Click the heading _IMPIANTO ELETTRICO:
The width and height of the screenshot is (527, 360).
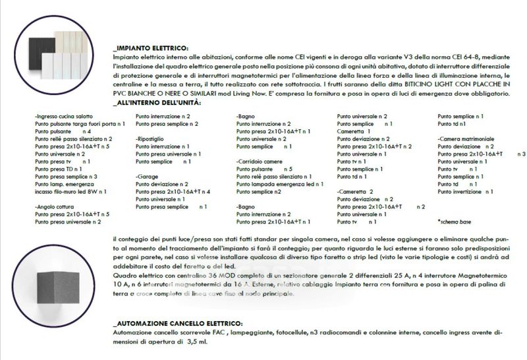150,48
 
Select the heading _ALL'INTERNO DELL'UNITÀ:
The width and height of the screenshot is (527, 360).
157,104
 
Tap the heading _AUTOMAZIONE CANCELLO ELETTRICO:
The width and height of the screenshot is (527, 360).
177,324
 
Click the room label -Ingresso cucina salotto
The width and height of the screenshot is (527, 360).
63,117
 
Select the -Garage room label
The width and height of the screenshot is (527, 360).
148,177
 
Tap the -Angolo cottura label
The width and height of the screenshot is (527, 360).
56,206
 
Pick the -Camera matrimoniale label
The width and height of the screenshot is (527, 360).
470,138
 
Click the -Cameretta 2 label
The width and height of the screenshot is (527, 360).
356,191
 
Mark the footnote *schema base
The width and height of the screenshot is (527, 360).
455,222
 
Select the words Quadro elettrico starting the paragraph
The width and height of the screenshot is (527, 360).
136,274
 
